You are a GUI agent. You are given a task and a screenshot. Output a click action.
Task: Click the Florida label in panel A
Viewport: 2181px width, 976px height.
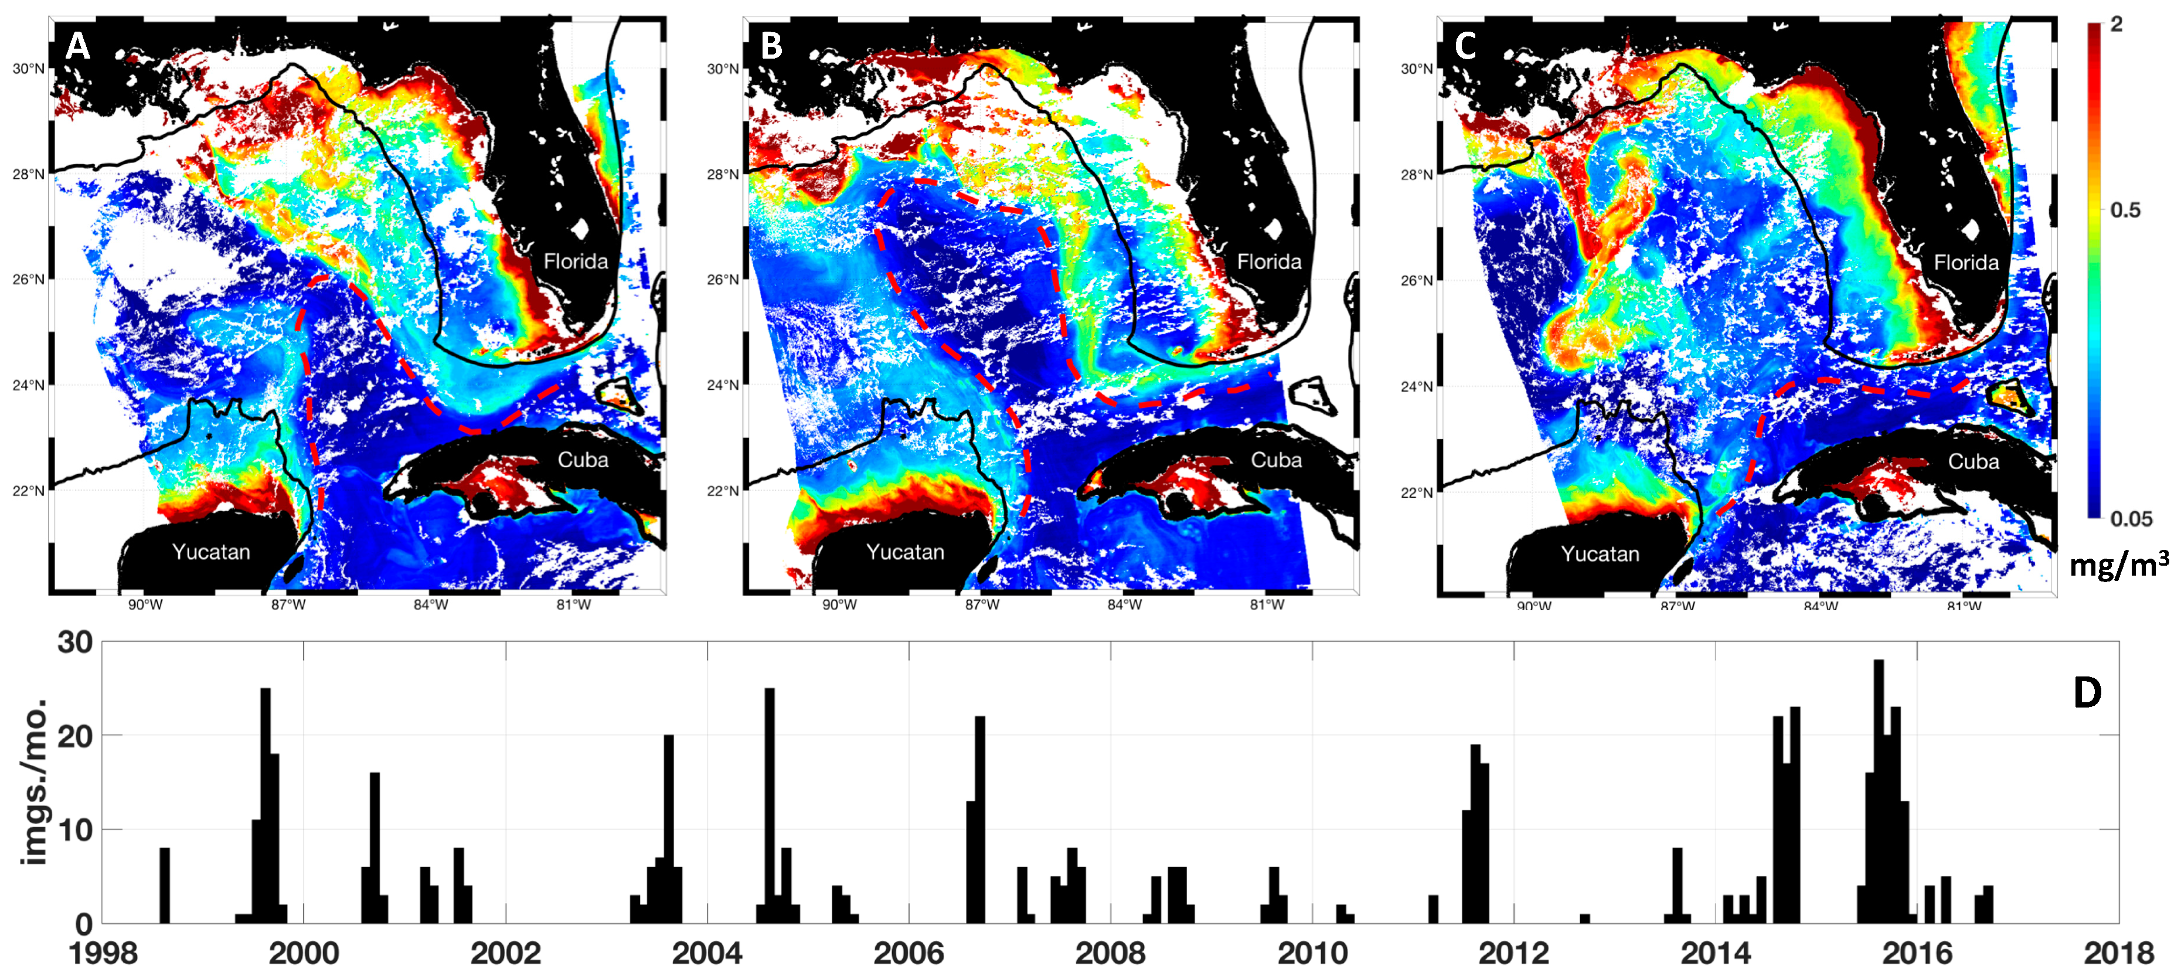pyautogui.click(x=576, y=261)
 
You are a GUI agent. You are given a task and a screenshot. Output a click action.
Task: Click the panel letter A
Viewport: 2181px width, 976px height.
pyautogui.click(x=78, y=46)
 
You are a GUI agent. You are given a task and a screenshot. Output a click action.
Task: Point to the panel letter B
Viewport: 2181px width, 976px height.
pyautogui.click(x=771, y=46)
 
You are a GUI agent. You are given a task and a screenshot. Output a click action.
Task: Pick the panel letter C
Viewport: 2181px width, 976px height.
pyautogui.click(x=1465, y=46)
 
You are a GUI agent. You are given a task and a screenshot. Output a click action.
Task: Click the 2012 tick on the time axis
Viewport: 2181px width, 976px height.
pyautogui.click(x=1514, y=953)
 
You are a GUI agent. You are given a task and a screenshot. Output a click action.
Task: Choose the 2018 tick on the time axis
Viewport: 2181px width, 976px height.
pyautogui.click(x=2118, y=953)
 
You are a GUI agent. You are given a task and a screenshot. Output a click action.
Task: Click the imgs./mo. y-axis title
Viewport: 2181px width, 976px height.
pyautogui.click(x=36, y=783)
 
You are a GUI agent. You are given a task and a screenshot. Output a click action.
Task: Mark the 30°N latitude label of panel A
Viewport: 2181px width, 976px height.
pyautogui.click(x=29, y=69)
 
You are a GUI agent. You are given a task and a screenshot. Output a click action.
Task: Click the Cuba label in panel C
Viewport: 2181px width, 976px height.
pyautogui.click(x=1973, y=461)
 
